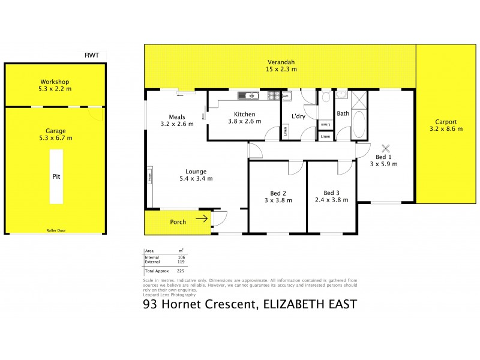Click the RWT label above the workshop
click(91, 55)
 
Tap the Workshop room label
click(55, 82)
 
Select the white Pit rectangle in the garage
click(56, 177)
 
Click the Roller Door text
click(55, 230)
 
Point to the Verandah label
click(281, 62)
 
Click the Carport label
click(443, 121)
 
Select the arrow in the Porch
click(202, 219)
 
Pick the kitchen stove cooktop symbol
click(272, 95)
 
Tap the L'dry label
click(298, 116)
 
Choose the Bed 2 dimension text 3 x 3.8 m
click(277, 200)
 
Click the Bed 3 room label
click(332, 193)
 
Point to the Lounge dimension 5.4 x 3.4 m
click(196, 178)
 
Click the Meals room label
click(177, 117)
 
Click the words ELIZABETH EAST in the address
click(310, 305)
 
